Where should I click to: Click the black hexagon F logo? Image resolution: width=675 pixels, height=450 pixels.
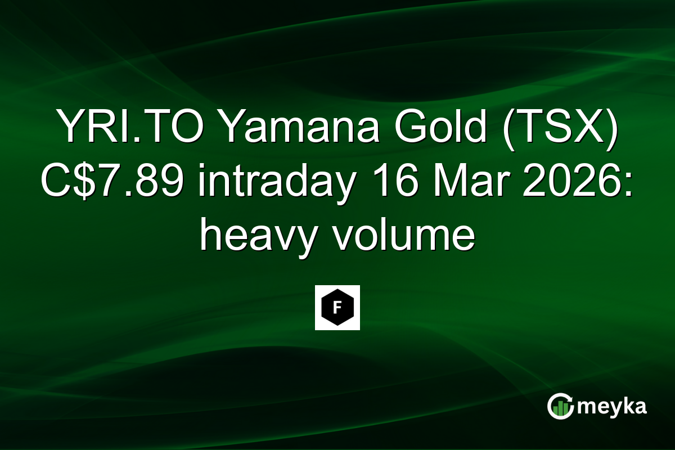(x=337, y=308)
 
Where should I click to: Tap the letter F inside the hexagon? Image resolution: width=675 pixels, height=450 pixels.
(x=337, y=308)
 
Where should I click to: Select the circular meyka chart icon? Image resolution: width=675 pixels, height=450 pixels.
(x=560, y=406)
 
